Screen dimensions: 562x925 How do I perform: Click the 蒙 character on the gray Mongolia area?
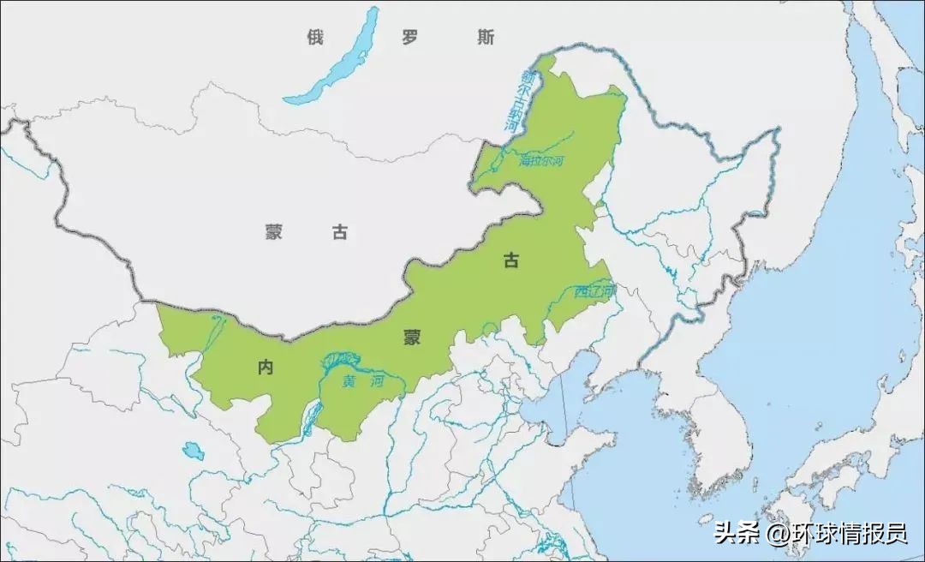273,231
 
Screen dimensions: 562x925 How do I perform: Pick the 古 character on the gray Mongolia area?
340,231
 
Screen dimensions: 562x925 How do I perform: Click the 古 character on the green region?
510,261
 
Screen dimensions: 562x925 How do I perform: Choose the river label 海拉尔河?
542,160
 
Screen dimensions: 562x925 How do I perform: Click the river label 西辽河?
594,292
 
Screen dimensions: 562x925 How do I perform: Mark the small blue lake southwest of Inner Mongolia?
194,451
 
